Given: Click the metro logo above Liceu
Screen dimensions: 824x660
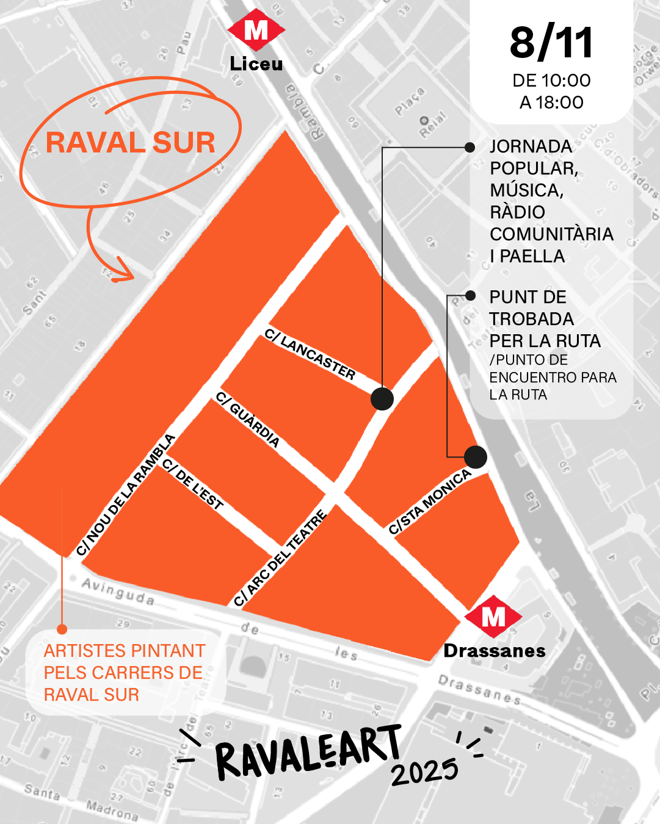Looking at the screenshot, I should [256, 30].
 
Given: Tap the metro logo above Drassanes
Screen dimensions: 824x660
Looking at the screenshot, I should [493, 617].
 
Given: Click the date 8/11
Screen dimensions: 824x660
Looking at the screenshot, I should [551, 43].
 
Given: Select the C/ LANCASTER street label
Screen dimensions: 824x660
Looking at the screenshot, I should [310, 354].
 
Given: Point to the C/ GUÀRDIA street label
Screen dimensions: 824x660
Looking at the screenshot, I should [248, 420].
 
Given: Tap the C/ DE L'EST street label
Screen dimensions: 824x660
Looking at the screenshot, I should [193, 484].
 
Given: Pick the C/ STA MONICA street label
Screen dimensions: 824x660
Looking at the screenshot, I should [430, 501].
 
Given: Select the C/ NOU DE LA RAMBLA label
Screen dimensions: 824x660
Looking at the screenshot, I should [126, 495].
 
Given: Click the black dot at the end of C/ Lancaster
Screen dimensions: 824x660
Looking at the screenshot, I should [382, 399].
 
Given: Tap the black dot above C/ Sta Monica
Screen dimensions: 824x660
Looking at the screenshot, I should [475, 457].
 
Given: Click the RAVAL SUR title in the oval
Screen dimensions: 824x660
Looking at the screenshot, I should [131, 143].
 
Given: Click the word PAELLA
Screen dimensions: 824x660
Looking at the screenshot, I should [532, 256].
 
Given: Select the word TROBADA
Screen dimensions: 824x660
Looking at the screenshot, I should [531, 319].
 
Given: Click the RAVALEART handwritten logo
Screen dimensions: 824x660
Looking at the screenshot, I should [308, 752].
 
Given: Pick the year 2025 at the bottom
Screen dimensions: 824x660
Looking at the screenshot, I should [425, 772].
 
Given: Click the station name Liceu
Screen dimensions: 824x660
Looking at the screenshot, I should [256, 63].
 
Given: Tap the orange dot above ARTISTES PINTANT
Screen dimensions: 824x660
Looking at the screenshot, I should [62, 629].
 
